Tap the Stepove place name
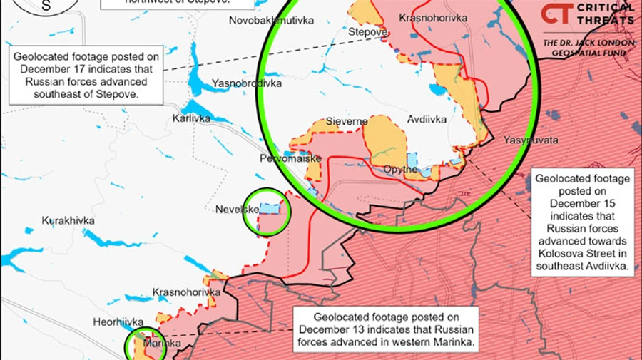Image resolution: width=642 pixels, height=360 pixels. pos(367,32)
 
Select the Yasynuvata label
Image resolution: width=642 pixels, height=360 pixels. pos(531,140)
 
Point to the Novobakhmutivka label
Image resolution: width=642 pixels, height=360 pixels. pos(271,21)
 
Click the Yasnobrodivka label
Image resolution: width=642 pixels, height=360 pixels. pos(247,83)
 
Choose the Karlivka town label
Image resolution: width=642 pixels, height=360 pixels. pos(192,118)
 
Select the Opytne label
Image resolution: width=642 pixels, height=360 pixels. pos(400,170)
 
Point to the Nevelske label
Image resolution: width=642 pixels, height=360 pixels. pos(237,210)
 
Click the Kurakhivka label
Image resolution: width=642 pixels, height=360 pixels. pos(68,220)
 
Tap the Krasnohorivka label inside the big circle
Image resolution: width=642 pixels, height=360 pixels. pos(433,17)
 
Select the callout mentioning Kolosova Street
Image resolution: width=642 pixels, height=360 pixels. pos(583,222)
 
